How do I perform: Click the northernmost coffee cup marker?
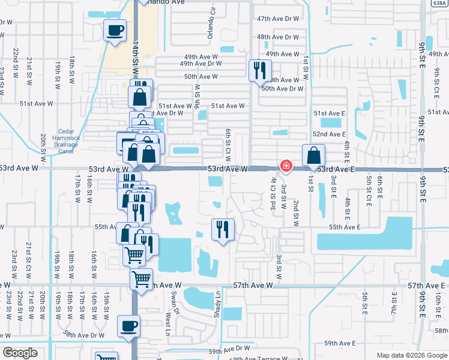pos(115,30)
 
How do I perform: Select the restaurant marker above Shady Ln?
pos(223,229)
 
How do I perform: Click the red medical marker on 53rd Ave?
pos(287,166)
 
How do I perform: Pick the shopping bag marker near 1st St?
pos(313,156)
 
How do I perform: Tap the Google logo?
pos(20,353)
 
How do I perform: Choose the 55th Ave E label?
pos(344,227)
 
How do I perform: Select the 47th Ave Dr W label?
pos(277,19)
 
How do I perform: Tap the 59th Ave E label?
pos(340,343)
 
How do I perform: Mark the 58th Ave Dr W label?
pos(84,335)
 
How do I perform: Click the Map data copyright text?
pos(411,355)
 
